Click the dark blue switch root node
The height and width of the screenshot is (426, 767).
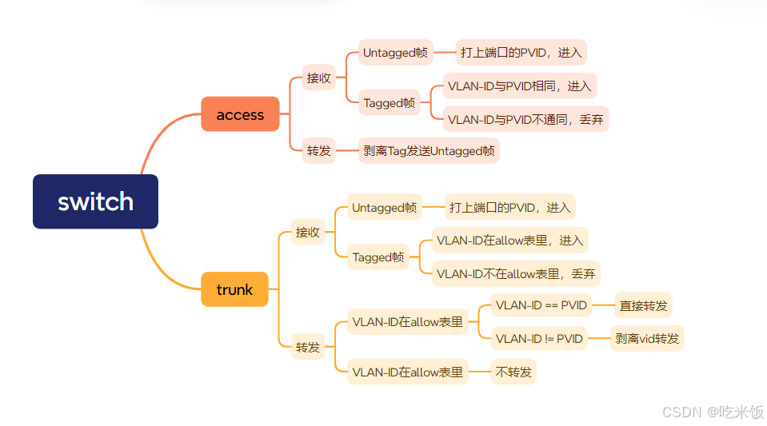(95, 201)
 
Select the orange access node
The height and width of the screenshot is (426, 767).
(240, 114)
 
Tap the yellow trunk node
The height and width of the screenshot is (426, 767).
(234, 289)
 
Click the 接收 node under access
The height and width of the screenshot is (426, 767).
(318, 78)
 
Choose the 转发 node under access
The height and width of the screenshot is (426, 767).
(318, 150)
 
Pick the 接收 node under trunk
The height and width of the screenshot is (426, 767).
(307, 232)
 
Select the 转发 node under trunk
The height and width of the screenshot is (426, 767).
(307, 347)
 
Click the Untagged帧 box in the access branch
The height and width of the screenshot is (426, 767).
(395, 53)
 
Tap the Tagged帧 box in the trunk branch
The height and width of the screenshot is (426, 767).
(379, 257)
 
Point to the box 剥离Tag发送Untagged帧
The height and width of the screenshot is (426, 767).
(429, 150)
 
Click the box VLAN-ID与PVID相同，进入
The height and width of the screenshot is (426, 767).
(520, 86)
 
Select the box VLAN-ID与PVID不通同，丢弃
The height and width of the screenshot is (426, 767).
(525, 119)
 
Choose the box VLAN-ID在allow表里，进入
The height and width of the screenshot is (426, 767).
(510, 240)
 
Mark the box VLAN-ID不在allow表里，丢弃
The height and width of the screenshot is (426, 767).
(516, 273)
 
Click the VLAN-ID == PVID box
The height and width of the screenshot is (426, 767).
(541, 305)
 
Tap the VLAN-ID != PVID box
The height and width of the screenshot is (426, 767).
(539, 338)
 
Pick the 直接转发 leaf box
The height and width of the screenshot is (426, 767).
(643, 305)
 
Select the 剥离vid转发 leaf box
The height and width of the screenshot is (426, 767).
(646, 338)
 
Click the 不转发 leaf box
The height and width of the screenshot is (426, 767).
(513, 372)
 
